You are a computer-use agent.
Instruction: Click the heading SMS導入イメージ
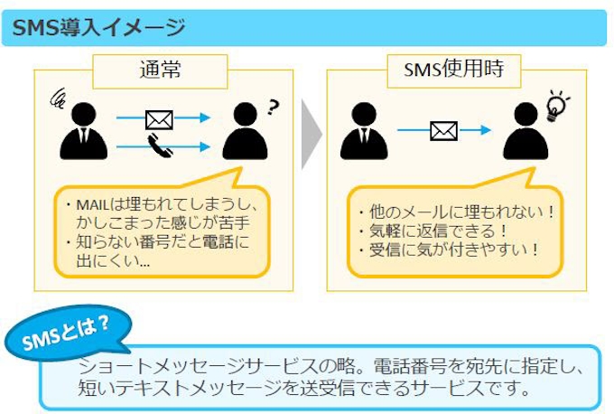coord(98,26)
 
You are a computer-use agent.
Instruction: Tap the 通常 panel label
coord(160,69)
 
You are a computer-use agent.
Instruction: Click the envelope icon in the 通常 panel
coord(159,118)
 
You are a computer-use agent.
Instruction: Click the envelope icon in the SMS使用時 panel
coord(442,131)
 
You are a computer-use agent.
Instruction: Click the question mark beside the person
coord(274,109)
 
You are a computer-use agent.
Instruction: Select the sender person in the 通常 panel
coord(85,131)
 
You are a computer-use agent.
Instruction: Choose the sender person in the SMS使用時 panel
coord(365,131)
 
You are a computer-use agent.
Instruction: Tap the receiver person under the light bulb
coord(526,131)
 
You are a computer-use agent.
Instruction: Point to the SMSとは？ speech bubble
coord(68,333)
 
